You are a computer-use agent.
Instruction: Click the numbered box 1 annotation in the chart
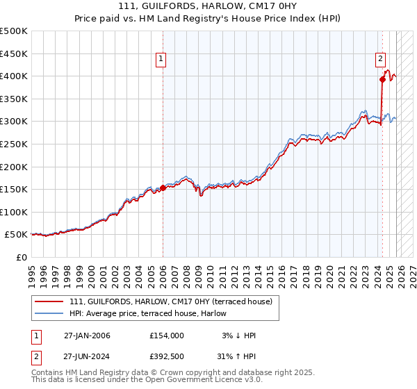(161, 60)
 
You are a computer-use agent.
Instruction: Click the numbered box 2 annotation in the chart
(382, 60)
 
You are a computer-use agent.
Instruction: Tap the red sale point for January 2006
(163, 187)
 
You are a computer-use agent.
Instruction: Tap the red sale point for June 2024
(382, 79)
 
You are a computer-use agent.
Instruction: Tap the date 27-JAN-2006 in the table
(87, 336)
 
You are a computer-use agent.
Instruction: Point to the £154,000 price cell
(167, 336)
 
